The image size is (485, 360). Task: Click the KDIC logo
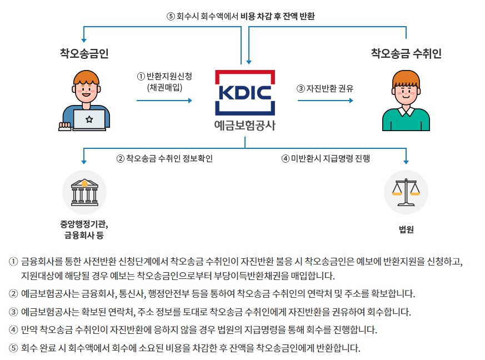tap(245, 92)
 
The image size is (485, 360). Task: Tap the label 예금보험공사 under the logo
tap(245, 125)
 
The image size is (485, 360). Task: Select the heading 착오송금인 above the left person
tap(84, 53)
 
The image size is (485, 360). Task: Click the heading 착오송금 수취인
tap(406, 53)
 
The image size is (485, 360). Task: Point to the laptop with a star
tap(89, 119)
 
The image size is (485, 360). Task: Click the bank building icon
tap(84, 192)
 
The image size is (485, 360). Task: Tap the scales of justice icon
tap(406, 192)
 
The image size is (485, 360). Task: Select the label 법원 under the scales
tap(406, 230)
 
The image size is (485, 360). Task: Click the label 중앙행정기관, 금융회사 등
tap(84, 230)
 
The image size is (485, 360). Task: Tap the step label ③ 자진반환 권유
tap(325, 88)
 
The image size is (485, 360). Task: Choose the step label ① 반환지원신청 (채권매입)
tap(164, 82)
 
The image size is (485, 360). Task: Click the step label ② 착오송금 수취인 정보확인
tap(164, 158)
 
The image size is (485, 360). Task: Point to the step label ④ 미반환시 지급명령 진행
tap(326, 158)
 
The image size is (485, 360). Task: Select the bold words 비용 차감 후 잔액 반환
tap(278, 16)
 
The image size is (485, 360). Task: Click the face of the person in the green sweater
tap(406, 89)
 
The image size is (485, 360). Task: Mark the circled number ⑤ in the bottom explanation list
tap(13, 349)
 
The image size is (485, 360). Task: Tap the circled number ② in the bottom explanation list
tap(13, 293)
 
